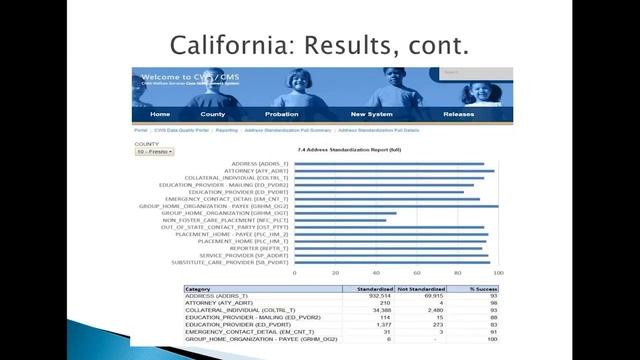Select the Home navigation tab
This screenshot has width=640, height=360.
point(160,114)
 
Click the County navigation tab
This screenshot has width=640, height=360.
point(212,114)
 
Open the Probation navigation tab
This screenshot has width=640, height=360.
point(281,114)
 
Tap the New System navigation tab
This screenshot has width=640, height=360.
point(371,114)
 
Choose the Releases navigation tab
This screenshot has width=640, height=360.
point(459,114)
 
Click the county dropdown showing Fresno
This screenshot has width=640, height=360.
point(154,151)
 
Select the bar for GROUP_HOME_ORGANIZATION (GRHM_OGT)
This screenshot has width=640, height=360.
point(345,213)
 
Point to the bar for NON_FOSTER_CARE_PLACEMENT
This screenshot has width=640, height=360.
point(340,220)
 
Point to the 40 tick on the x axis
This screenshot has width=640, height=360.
point(376,272)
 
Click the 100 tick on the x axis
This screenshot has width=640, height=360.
point(498,272)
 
